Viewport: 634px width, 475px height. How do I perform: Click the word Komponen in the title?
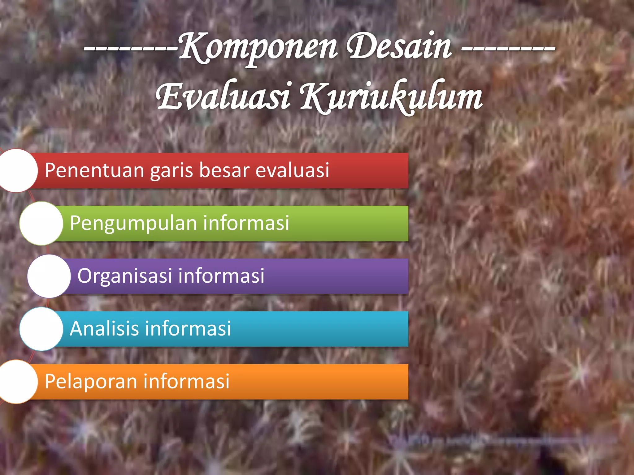(258, 48)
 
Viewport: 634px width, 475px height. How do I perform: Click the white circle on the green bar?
(41, 223)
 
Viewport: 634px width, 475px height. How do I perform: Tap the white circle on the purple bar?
(49, 276)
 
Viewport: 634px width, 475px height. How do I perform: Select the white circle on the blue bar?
(41, 329)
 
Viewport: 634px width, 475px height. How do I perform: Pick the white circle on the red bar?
(16, 170)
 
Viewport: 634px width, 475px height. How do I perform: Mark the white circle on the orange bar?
(16, 382)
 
